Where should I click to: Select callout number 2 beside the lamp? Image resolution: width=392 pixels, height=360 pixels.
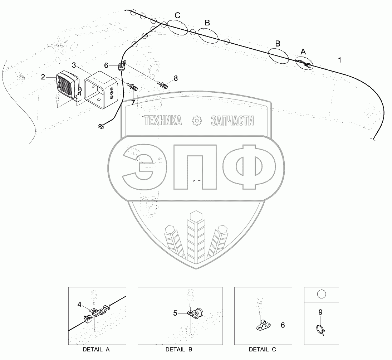pyautogui.click(x=43, y=77)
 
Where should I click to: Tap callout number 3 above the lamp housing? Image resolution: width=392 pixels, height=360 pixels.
pyautogui.click(x=74, y=65)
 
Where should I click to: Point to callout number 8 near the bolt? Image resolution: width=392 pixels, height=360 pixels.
pyautogui.click(x=176, y=78)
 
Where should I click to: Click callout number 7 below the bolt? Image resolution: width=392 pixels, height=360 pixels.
pyautogui.click(x=133, y=103)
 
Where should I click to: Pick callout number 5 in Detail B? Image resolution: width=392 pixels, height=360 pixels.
pyautogui.click(x=175, y=313)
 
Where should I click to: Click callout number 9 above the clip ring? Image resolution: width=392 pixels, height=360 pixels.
pyautogui.click(x=320, y=312)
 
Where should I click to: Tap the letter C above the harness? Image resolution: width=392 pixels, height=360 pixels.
pyautogui.click(x=177, y=15)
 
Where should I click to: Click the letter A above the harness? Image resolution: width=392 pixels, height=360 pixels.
pyautogui.click(x=303, y=52)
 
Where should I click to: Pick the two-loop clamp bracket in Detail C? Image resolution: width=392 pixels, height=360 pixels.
pyautogui.click(x=263, y=324)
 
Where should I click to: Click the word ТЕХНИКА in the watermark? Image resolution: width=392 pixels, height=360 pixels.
pyautogui.click(x=163, y=121)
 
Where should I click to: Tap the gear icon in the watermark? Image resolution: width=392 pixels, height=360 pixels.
pyautogui.click(x=197, y=121)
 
